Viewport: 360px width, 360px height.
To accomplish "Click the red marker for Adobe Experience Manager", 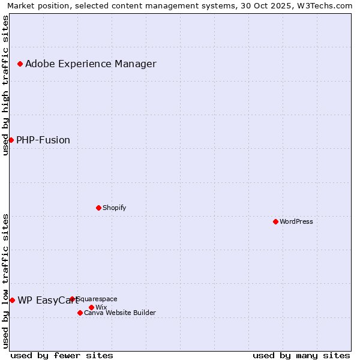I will coord(20,64).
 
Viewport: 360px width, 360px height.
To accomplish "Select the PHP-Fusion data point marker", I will coord(11,140).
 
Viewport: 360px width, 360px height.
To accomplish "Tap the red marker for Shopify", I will coord(98,208).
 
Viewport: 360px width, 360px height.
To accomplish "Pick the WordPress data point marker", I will coord(275,221).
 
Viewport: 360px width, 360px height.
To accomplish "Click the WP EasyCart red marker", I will coord(12,300).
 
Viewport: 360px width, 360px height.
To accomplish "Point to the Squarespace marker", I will coord(72,299).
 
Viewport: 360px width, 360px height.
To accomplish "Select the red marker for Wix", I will coord(91,307).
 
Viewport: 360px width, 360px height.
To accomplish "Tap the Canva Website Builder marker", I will coord(80,313).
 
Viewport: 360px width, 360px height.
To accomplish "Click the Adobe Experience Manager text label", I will coord(91,64).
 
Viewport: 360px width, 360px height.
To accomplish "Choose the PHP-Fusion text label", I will coord(43,140).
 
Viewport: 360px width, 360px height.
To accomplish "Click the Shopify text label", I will coord(114,208).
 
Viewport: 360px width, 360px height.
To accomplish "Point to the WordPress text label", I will coord(296,222).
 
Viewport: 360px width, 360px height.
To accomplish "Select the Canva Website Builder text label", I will coord(120,313).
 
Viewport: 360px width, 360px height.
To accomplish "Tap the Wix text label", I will coord(101,308).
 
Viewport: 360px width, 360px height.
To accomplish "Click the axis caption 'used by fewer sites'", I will coord(62,355).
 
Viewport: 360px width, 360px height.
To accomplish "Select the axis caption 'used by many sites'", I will coord(301,355).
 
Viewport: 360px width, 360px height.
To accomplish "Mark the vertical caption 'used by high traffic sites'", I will coord(5,85).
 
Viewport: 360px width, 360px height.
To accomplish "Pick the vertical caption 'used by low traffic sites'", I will coord(5,281).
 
